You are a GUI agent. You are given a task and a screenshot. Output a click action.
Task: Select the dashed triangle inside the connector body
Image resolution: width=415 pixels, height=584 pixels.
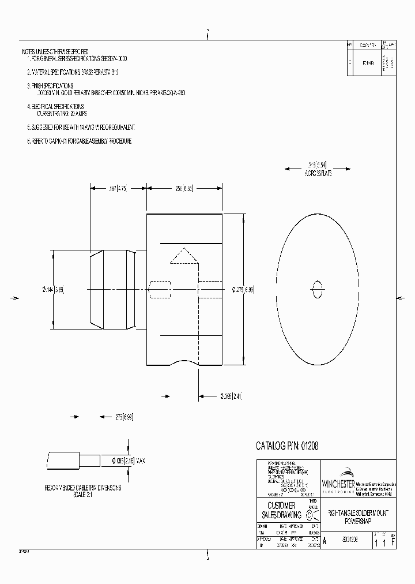184,257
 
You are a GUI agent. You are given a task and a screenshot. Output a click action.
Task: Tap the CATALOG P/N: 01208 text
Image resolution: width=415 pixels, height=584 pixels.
287,446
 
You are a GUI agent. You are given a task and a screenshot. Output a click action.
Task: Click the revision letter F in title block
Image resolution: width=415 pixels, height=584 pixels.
393,543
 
